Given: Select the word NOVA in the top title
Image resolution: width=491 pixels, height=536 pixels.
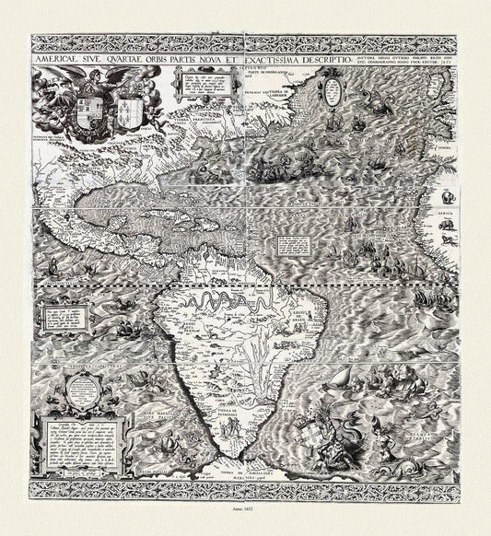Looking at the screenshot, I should (x=212, y=56).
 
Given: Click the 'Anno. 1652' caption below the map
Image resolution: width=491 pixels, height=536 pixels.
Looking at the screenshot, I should (x=245, y=519).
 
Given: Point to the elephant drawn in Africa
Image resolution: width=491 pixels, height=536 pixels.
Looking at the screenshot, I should (x=447, y=196).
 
